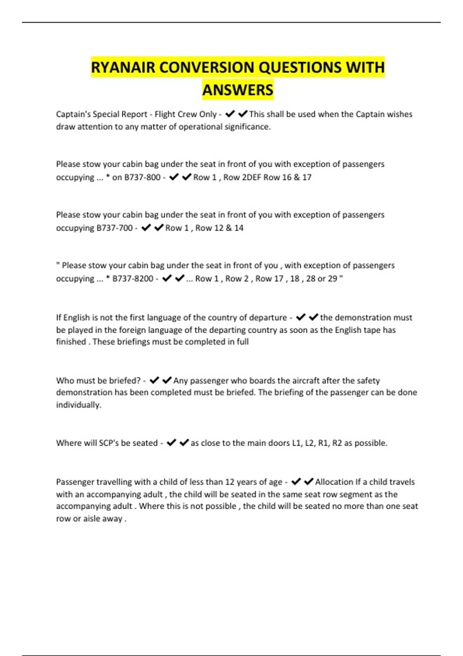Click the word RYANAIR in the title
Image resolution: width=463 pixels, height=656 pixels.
[x=123, y=68]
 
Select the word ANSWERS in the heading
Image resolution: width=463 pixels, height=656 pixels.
[x=238, y=90]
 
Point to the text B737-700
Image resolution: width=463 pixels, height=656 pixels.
[x=115, y=228]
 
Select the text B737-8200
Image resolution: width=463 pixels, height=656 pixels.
[x=133, y=279]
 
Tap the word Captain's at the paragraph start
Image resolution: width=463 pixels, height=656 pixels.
[x=74, y=114]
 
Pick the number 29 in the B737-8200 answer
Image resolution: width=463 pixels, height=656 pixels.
[x=333, y=279]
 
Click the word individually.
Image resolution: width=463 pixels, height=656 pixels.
[x=79, y=405]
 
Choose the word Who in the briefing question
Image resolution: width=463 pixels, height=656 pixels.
[x=65, y=380]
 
